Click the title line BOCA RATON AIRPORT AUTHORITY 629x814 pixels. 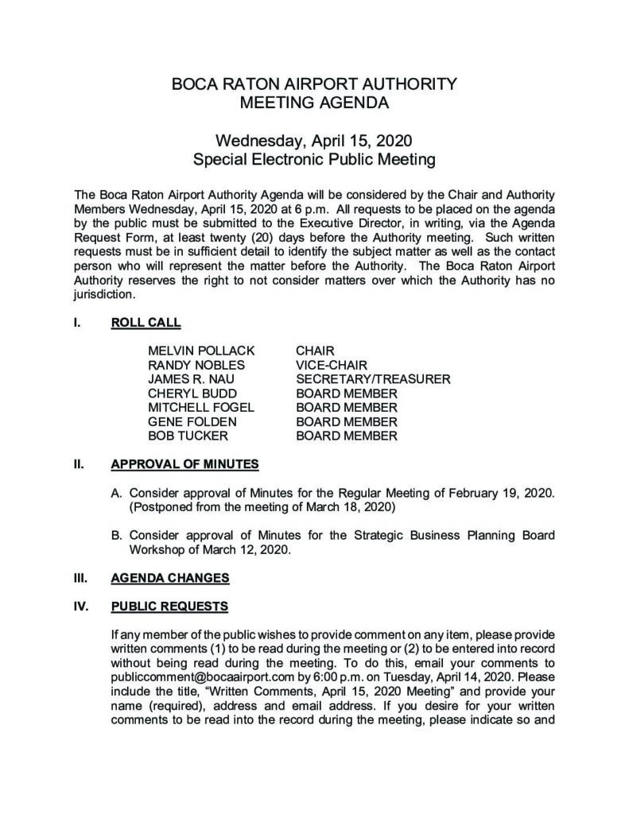[314, 83]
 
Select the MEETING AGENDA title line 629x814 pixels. [314, 103]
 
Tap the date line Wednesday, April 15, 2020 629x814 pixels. [314, 141]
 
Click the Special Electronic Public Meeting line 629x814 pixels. [314, 160]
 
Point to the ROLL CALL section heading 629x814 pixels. [146, 323]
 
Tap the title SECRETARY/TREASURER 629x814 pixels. [373, 379]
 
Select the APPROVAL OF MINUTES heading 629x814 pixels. [184, 463]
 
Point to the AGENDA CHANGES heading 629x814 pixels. [170, 578]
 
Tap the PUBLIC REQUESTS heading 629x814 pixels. [169, 607]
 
